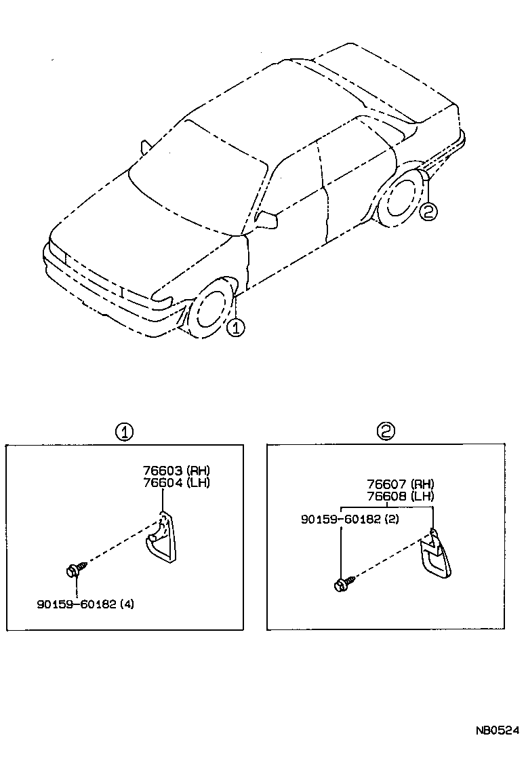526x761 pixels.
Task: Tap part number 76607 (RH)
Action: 400,484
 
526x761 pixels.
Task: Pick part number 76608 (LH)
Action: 400,496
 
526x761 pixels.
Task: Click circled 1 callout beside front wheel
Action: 235,328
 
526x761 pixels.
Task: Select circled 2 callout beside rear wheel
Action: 428,212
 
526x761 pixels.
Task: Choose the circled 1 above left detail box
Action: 124,431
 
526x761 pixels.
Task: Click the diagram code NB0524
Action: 495,730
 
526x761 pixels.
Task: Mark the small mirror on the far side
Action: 144,147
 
